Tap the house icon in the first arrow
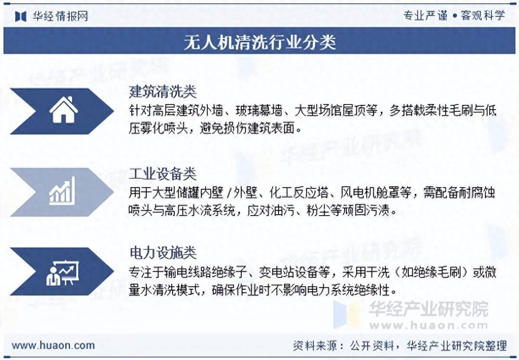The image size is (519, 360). click(64, 110)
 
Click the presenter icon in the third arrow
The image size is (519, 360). click(62, 272)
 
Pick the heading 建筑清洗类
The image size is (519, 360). click(163, 92)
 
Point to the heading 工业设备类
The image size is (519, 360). click(163, 174)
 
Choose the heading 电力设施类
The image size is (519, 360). click(163, 252)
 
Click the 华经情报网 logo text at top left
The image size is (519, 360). click(60, 16)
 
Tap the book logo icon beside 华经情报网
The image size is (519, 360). click(21, 16)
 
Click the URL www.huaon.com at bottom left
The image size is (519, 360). click(53, 345)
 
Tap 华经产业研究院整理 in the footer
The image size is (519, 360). click(457, 346)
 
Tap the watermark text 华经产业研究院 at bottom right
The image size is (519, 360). click(428, 309)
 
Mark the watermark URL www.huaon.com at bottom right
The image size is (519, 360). click(428, 325)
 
